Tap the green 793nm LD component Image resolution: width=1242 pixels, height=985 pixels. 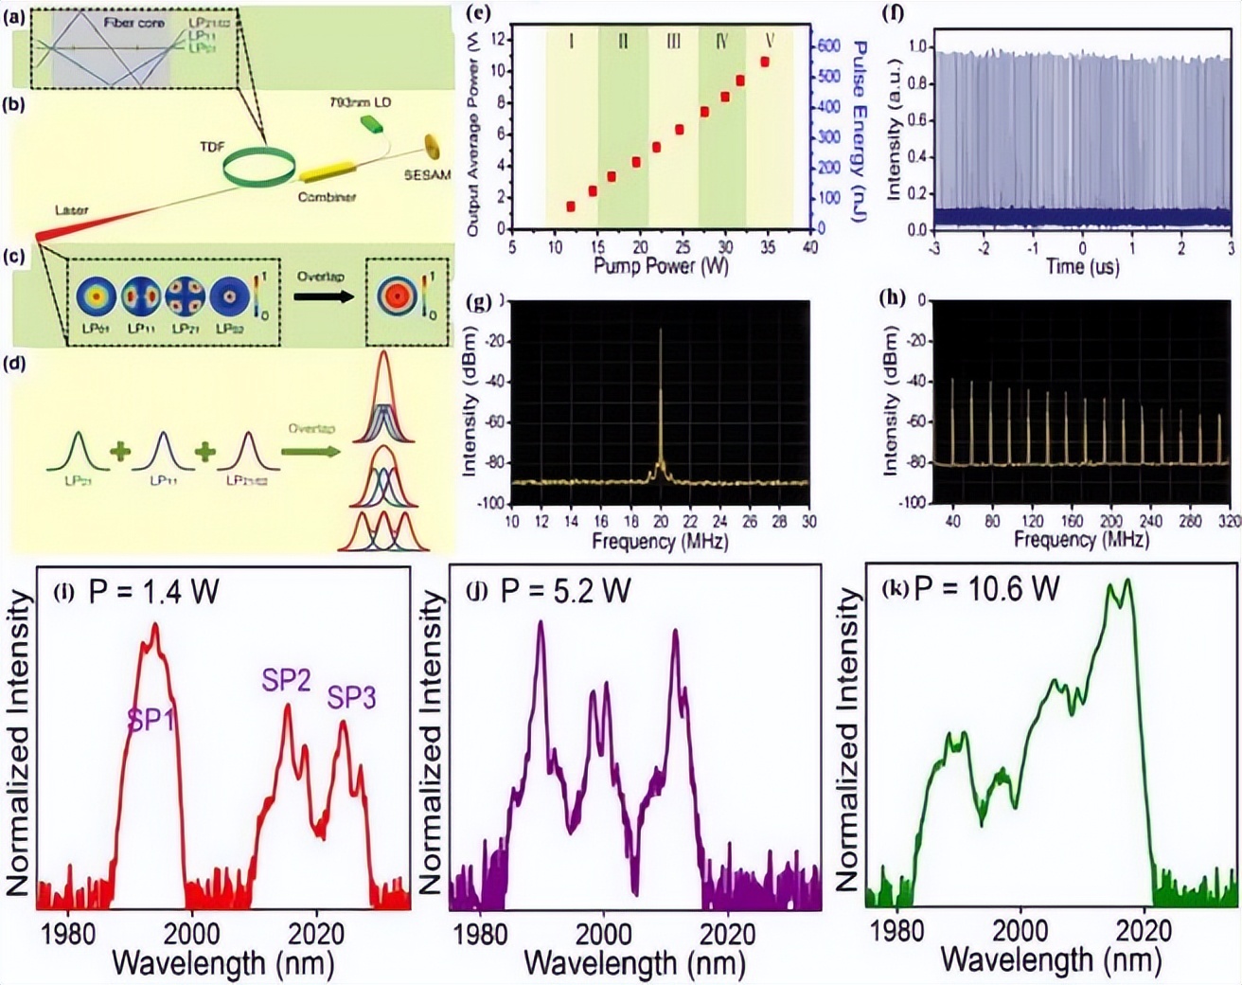pyautogui.click(x=369, y=123)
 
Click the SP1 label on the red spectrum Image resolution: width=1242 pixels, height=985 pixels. pyautogui.click(x=151, y=721)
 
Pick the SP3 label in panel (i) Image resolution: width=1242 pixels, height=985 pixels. pyautogui.click(x=351, y=699)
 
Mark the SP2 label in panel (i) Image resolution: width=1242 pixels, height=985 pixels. pyautogui.click(x=287, y=680)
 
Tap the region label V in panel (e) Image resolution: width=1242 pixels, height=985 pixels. pyautogui.click(x=770, y=42)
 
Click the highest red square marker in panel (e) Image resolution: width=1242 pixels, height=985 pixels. pyautogui.click(x=765, y=62)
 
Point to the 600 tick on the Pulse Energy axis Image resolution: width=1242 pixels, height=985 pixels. pyautogui.click(x=828, y=46)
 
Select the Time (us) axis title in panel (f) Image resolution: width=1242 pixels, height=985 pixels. pyautogui.click(x=1082, y=266)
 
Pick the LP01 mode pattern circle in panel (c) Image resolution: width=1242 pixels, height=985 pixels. pyautogui.click(x=96, y=295)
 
